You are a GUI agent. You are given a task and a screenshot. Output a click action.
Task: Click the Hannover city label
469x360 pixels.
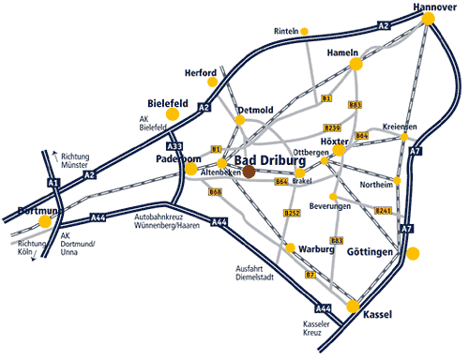(x=434, y=7)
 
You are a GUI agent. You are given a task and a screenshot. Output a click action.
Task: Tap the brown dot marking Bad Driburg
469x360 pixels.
(x=250, y=172)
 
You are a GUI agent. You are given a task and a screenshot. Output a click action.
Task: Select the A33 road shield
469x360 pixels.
(x=174, y=146)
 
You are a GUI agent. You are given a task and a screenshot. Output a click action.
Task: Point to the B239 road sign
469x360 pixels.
(x=331, y=127)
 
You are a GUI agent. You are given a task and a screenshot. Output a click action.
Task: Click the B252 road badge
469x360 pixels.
(x=292, y=214)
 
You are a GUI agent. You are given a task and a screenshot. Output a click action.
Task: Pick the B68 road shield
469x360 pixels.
(x=215, y=191)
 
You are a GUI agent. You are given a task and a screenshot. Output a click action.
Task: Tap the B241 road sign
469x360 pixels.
(x=383, y=211)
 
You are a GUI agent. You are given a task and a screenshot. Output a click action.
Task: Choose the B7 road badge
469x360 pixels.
(x=310, y=275)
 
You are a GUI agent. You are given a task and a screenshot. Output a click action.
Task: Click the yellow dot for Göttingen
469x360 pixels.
(x=414, y=253)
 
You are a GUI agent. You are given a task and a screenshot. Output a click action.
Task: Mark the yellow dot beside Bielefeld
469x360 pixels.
(x=173, y=114)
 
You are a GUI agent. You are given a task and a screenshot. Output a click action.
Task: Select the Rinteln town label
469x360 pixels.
(x=285, y=31)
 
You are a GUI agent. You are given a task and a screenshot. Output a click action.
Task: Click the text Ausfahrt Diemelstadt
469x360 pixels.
(x=253, y=273)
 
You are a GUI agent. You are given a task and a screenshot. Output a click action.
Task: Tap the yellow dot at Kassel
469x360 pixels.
(x=354, y=307)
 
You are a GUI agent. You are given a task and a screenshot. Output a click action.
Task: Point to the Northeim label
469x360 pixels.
(x=377, y=184)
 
